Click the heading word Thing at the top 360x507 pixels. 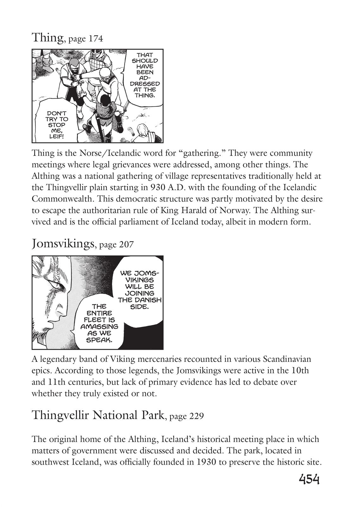pos(48,38)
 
